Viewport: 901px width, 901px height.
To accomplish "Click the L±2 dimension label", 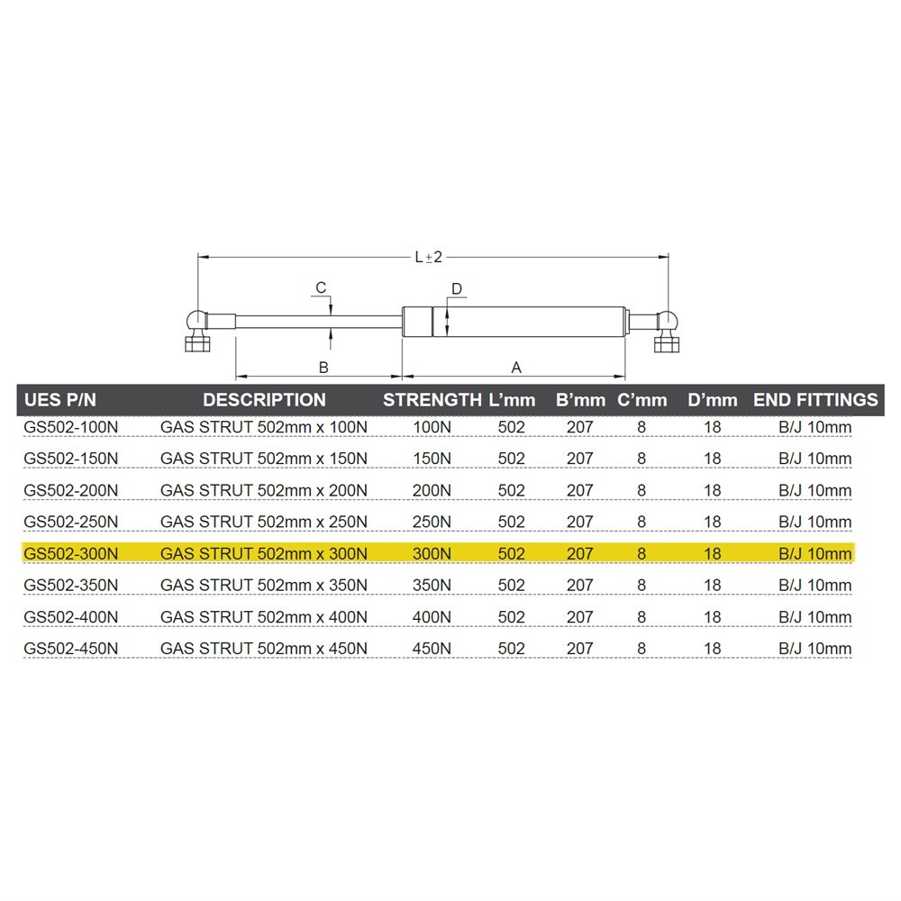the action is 429,257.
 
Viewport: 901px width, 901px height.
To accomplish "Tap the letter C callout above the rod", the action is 322,287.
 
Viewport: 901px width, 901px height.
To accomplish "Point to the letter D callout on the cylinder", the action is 457,288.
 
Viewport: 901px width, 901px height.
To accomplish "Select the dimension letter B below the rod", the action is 323,368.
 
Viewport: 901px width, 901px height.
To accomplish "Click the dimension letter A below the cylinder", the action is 516,368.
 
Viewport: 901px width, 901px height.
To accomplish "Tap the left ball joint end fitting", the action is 197,331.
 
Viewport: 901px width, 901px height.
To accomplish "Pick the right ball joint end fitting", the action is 667,331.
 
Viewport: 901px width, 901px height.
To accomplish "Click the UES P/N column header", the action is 60,400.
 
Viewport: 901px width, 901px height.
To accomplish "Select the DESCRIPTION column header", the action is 264,400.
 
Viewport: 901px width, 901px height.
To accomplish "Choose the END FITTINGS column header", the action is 815,400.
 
